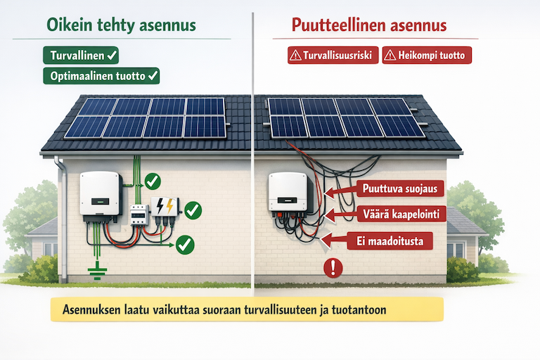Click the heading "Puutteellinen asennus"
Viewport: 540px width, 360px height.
click(369, 26)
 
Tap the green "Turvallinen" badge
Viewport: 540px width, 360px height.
click(81, 54)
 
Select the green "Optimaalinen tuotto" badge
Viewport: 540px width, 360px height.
click(101, 75)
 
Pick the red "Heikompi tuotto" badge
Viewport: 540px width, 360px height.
click(427, 56)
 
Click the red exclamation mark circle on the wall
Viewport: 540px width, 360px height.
click(331, 266)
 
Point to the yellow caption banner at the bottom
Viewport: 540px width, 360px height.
click(247, 310)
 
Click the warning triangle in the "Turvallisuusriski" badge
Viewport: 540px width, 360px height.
click(295, 56)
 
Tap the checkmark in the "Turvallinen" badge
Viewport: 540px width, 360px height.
click(112, 54)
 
